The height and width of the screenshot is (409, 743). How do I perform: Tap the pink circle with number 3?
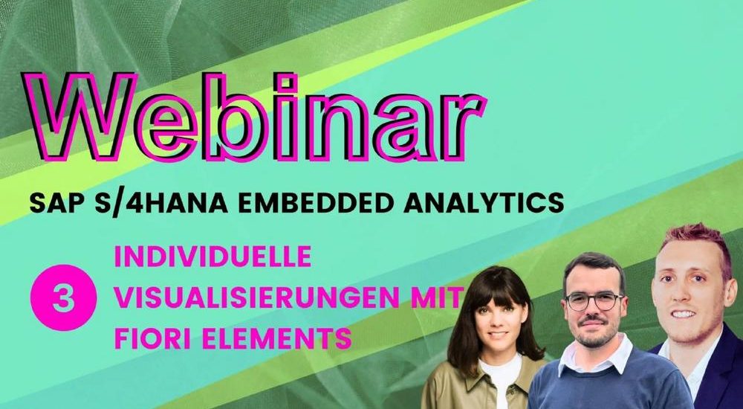[x=63, y=297]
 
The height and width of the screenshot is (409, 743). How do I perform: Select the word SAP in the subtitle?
[x=49, y=202]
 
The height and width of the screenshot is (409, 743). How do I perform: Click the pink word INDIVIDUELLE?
[x=212, y=257]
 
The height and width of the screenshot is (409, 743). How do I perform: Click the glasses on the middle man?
[x=594, y=302]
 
